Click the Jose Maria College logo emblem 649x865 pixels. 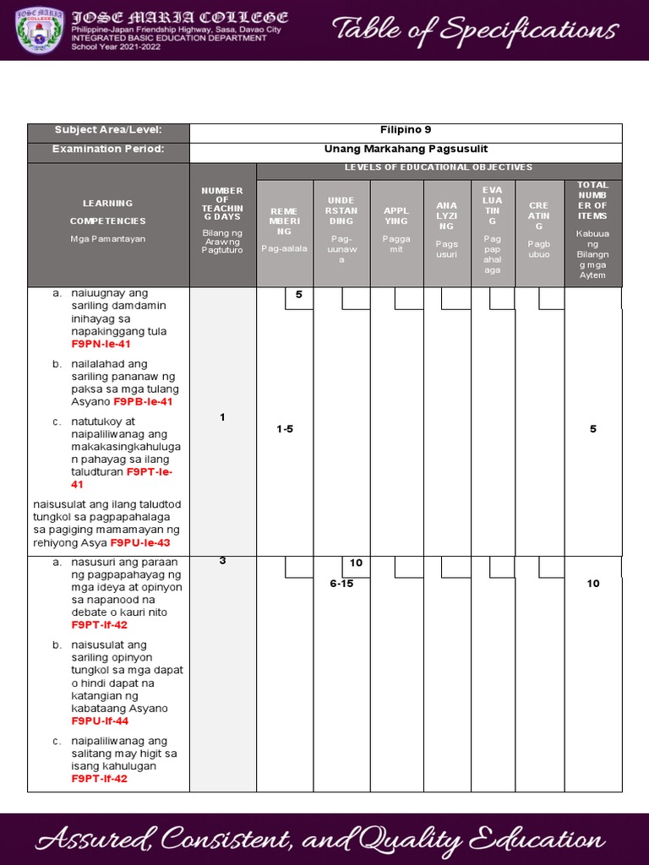click(40, 30)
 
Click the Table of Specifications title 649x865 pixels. click(474, 30)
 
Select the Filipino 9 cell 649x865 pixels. click(406, 130)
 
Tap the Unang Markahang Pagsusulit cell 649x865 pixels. click(406, 150)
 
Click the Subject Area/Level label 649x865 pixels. click(108, 130)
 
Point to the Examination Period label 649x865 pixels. click(108, 150)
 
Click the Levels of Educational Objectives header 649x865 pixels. click(439, 168)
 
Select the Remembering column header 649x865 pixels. click(285, 228)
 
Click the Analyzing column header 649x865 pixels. click(447, 229)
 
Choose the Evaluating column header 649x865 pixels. click(493, 229)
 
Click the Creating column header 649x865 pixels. click(539, 228)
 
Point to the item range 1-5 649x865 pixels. click(285, 429)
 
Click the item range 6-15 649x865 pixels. click(341, 584)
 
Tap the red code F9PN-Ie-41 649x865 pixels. click(101, 345)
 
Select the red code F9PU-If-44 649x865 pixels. click(100, 721)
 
